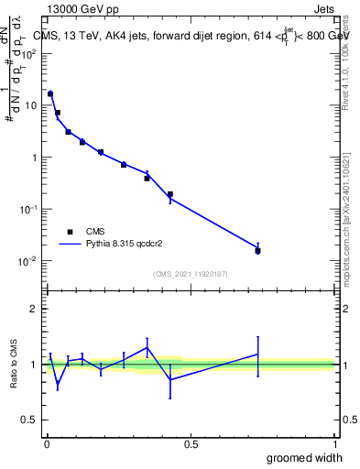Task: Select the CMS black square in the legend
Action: [x=69, y=231]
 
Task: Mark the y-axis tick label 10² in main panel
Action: [x=28, y=52]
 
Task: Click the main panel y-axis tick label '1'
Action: [x=35, y=157]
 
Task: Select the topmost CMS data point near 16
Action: [x=50, y=93]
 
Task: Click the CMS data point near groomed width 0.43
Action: [x=170, y=194]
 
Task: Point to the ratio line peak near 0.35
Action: [x=147, y=347]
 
